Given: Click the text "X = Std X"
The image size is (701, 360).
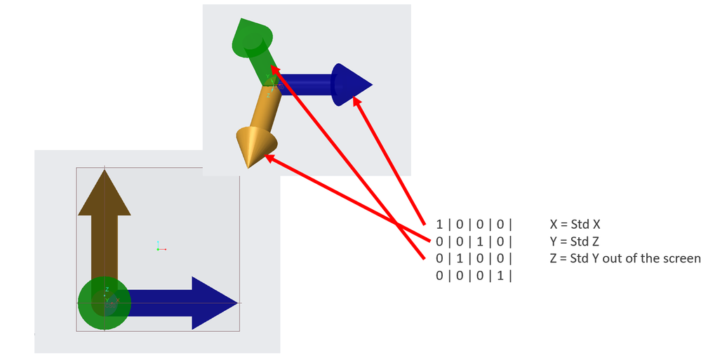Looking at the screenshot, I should point(581,225).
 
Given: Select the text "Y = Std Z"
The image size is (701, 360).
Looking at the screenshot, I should point(580,242).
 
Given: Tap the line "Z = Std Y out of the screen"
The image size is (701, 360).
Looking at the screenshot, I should point(626,258).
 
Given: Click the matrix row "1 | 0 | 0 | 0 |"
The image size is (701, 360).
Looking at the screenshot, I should point(474,225).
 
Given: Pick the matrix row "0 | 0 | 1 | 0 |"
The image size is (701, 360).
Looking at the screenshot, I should point(474,242).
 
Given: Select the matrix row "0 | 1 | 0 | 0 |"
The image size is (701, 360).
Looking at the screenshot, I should point(474,258).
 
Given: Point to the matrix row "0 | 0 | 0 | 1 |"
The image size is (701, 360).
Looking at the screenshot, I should point(474,275).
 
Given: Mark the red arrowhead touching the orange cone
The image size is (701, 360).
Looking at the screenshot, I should point(271,161).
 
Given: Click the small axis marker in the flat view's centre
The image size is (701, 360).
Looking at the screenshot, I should point(160,248).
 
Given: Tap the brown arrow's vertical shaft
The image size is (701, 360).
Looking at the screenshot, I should point(104,253).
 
